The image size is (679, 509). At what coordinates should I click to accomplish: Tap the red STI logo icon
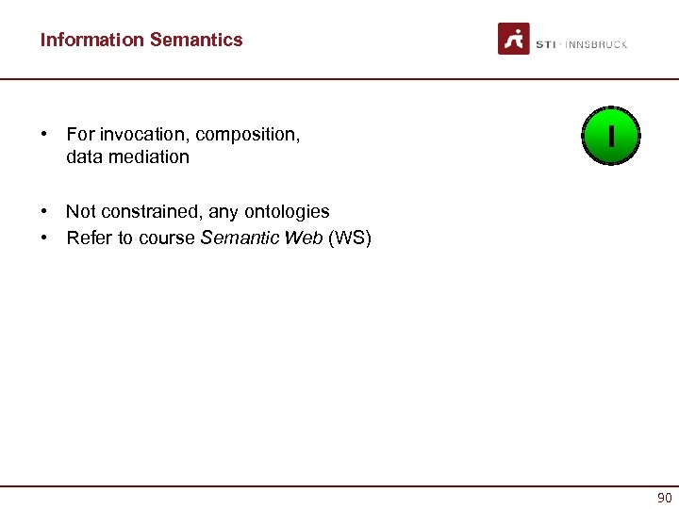tap(514, 39)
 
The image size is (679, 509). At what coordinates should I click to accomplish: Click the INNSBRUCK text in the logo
tap(596, 44)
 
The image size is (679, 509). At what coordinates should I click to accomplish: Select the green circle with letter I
tap(611, 137)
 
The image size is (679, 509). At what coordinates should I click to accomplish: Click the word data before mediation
tap(83, 156)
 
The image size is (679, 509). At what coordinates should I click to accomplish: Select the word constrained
tap(146, 211)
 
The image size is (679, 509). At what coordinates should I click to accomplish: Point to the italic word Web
tap(304, 238)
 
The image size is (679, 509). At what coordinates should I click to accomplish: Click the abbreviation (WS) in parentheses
tap(350, 238)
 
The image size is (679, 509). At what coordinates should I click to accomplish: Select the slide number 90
tap(664, 497)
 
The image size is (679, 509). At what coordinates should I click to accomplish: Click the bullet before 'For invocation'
tap(45, 135)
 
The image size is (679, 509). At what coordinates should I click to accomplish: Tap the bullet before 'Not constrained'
tap(45, 212)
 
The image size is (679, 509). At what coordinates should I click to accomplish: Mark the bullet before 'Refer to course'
tap(45, 238)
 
